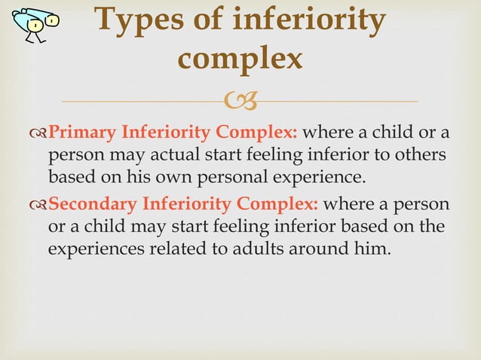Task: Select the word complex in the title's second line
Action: click(240, 59)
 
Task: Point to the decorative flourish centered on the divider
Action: click(240, 100)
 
